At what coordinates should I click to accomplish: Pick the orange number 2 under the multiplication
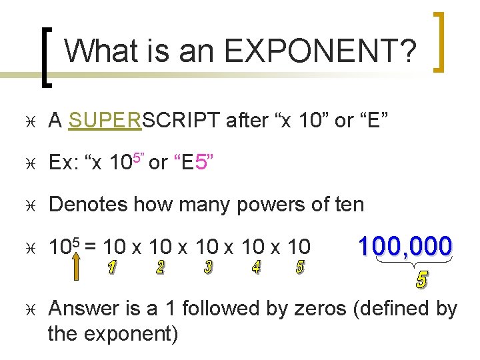click(160, 269)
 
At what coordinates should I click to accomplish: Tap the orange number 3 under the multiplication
click(208, 269)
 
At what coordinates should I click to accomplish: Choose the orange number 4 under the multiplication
click(256, 269)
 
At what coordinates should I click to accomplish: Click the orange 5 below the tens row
click(300, 269)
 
